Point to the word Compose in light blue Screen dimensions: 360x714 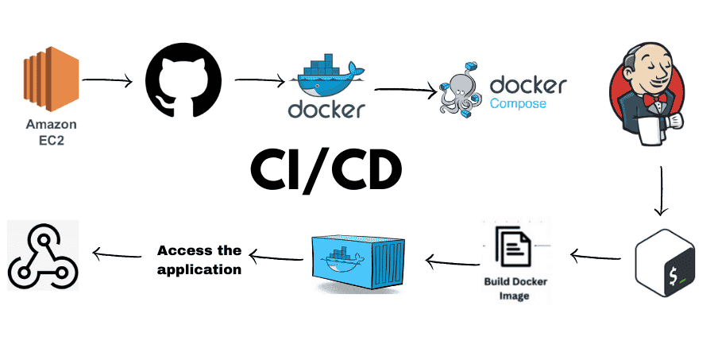(x=518, y=104)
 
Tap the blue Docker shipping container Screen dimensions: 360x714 (x=353, y=260)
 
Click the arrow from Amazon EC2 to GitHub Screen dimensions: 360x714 (x=107, y=79)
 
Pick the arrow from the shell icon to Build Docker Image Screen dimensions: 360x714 (x=595, y=256)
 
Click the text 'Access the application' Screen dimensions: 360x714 (x=199, y=260)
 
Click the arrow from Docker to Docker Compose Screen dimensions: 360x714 (x=405, y=90)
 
